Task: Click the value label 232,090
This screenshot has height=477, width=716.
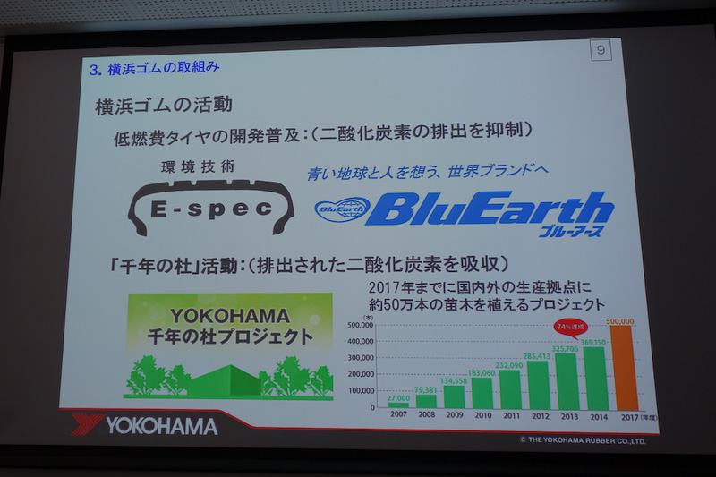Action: pos(509,364)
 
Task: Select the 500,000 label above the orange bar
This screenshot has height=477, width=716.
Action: pos(620,319)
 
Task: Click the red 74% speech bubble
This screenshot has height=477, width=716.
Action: pos(569,327)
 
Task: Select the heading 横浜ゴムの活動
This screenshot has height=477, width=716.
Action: pos(164,105)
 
